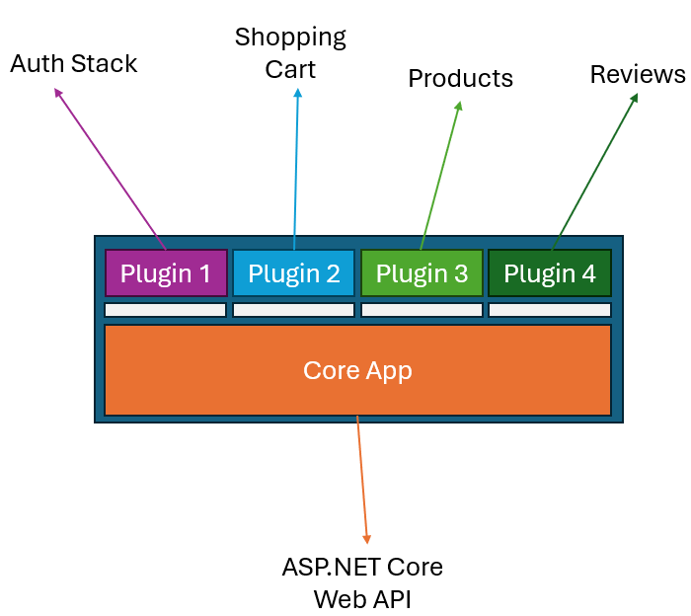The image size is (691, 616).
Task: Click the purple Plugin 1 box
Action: coord(166,273)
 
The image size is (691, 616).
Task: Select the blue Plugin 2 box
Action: coord(294,273)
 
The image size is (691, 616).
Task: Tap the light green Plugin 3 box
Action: coord(422,273)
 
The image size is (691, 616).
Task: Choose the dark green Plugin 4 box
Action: coord(550,273)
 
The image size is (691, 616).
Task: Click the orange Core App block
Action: coord(357,370)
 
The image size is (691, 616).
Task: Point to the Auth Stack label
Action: coord(74,64)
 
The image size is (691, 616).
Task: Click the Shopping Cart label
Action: coord(290,53)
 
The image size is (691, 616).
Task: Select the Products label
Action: coord(460,78)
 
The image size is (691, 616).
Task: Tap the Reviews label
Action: coord(638,74)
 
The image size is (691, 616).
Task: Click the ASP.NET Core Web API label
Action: coord(362,582)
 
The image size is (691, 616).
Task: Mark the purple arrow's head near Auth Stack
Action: coord(57,92)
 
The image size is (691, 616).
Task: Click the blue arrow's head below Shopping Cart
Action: coord(297,93)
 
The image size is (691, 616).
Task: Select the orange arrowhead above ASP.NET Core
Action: coord(367,538)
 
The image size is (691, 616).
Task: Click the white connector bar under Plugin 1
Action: coord(166,310)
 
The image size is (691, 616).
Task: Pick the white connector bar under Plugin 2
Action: coord(294,310)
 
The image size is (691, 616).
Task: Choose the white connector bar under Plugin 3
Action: coord(422,310)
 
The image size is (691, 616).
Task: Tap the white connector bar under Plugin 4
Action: coord(550,310)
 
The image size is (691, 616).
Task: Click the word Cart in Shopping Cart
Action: coord(290,70)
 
